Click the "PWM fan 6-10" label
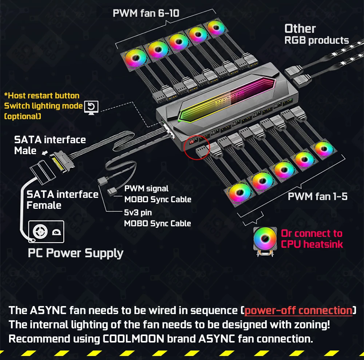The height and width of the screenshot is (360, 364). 146,13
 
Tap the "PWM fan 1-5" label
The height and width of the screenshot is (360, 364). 317,197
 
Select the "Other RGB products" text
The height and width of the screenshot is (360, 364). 316,34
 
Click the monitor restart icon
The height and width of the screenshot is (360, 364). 91,107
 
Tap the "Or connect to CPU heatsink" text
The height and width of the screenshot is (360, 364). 312,239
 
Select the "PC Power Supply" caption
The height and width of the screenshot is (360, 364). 75,253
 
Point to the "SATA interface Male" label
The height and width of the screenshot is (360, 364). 50,145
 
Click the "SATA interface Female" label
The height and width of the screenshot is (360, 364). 62,200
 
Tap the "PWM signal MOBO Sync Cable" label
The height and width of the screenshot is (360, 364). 157,194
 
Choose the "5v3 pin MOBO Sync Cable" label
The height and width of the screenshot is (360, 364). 157,218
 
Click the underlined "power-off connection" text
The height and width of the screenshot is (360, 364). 298,310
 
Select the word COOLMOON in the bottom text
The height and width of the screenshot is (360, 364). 133,339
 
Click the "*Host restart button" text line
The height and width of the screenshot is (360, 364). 41,96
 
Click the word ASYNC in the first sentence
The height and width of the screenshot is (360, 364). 48,310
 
